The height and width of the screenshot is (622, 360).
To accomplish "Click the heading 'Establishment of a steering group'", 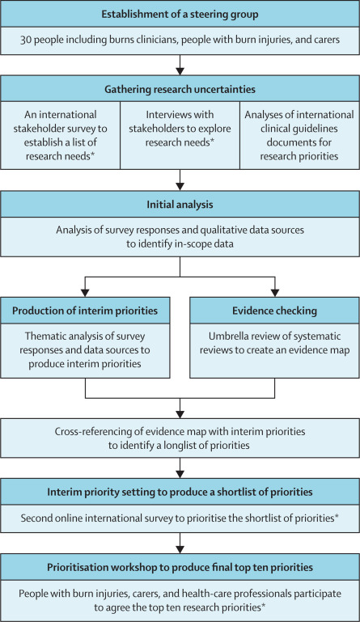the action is click(180, 15).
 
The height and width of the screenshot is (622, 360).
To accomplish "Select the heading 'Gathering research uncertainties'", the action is click(180, 89).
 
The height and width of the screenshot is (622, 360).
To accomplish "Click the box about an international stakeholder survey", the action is click(61, 135).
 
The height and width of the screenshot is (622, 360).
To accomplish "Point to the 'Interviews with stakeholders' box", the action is click(180, 135).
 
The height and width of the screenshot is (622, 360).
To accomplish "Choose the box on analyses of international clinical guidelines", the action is click(299, 135).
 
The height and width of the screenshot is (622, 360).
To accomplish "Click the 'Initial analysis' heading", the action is click(180, 205).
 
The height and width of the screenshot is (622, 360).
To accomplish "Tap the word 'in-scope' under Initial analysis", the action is click(192, 243).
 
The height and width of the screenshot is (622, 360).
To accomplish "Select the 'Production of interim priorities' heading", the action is click(85, 311).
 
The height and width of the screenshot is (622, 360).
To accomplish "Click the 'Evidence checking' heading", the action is click(275, 311).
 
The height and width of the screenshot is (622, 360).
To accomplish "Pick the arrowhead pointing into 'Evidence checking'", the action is click(275, 292).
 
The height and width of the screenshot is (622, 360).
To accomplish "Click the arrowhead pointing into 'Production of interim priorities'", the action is click(85, 292).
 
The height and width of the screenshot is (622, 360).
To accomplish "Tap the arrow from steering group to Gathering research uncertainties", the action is click(180, 65).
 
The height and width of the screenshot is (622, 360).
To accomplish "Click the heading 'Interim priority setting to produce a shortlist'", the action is click(180, 492).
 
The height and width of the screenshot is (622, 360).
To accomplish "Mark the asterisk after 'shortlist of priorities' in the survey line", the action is click(337, 517).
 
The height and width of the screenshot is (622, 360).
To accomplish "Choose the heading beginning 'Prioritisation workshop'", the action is click(180, 567).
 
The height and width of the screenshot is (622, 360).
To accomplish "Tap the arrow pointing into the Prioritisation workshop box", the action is click(180, 543).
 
